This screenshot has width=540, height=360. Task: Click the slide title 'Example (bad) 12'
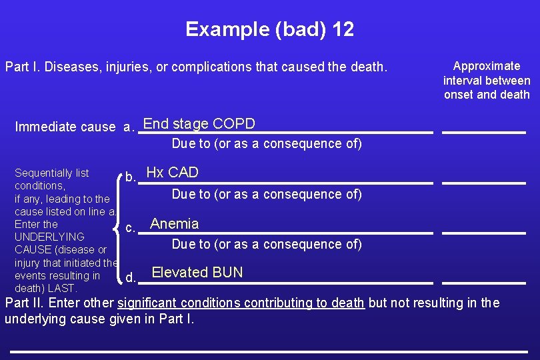point(269,29)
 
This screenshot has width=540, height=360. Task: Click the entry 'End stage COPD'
point(199,124)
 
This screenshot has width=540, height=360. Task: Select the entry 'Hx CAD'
point(172,173)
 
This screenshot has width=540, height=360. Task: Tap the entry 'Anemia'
point(175,224)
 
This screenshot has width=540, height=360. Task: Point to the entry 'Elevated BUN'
point(197,273)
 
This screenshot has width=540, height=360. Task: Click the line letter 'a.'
point(129,127)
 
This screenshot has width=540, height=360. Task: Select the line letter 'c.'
point(131,228)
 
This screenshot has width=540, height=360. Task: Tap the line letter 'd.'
point(131,277)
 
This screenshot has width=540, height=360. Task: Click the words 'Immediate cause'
point(65,127)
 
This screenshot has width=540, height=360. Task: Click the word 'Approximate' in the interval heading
point(487,66)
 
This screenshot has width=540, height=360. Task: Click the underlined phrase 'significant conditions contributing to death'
point(241,303)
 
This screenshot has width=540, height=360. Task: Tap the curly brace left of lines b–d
point(117,227)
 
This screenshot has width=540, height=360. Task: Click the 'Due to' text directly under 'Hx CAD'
point(267,194)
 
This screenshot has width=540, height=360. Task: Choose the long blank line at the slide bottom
point(269,351)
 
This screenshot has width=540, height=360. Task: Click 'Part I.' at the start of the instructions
point(23,67)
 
